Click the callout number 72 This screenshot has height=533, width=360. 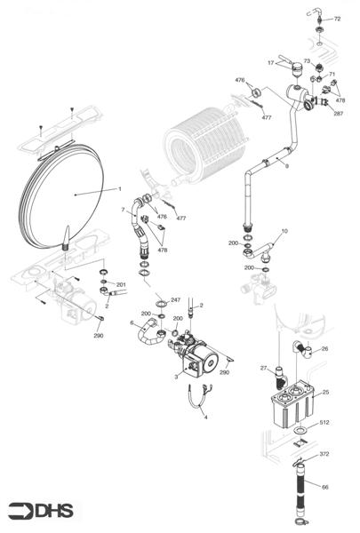click(336, 18)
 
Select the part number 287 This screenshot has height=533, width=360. click(339, 114)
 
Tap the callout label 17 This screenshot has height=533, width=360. click(271, 63)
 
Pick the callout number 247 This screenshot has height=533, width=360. click(175, 300)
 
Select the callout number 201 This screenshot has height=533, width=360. click(121, 284)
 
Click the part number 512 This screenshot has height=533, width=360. click(324, 422)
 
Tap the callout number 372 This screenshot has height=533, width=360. click(324, 454)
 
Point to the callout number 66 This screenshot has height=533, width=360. click(324, 487)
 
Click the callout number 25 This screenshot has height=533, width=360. click(324, 392)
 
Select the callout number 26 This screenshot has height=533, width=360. click(324, 349)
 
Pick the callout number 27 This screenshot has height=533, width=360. click(263, 367)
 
